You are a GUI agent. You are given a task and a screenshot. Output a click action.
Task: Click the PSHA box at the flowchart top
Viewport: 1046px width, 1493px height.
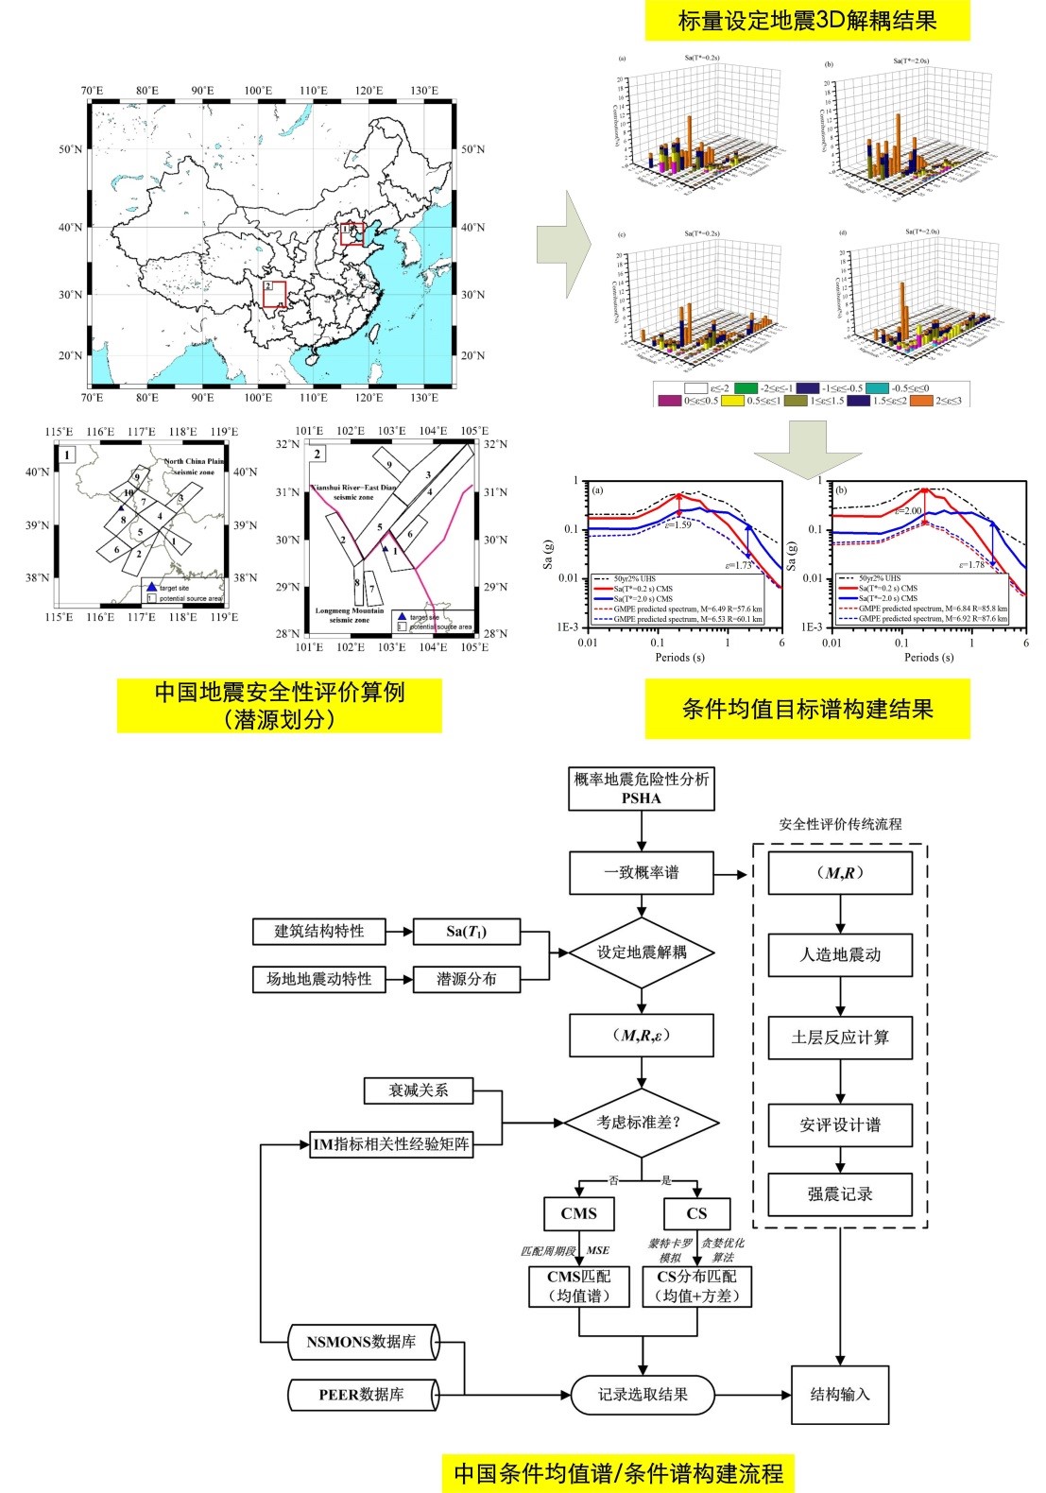click(x=641, y=788)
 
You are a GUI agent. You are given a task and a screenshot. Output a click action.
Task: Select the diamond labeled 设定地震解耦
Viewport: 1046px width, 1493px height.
click(x=641, y=952)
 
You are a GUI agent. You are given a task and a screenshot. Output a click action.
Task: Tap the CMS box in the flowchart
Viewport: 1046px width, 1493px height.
click(x=578, y=1213)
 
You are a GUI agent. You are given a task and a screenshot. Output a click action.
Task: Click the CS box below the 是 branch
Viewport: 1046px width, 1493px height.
click(x=696, y=1213)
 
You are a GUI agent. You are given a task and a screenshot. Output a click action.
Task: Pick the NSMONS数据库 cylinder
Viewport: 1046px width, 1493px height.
click(x=362, y=1342)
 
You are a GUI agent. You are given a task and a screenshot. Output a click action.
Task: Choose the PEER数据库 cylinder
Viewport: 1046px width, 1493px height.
click(x=362, y=1395)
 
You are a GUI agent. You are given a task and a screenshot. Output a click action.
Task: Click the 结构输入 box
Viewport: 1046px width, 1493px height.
click(x=840, y=1395)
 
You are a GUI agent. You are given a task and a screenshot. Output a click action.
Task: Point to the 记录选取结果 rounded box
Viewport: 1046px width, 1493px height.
click(x=643, y=1395)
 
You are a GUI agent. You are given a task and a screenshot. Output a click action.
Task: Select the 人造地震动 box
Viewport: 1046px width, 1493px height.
click(x=840, y=954)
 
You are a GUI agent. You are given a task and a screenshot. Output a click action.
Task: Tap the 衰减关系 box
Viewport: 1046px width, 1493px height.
click(x=419, y=1090)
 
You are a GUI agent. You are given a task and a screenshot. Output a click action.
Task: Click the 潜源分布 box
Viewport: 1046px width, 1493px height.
click(x=467, y=979)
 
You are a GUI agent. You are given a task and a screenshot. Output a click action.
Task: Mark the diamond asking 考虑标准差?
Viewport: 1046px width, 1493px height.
click(x=641, y=1123)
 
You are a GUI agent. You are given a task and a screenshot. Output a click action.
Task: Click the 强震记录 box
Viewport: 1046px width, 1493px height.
click(x=840, y=1194)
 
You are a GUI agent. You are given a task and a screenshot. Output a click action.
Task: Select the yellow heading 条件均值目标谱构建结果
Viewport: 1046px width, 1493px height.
click(x=807, y=710)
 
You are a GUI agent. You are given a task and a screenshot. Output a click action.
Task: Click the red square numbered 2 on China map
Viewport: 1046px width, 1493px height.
click(x=274, y=294)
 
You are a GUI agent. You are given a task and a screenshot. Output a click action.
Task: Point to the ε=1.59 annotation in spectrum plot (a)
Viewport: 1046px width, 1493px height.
click(x=677, y=524)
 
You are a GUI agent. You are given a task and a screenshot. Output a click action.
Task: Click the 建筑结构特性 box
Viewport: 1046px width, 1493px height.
click(x=319, y=931)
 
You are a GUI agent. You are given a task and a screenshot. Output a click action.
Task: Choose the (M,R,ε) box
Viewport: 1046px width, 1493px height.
click(x=641, y=1036)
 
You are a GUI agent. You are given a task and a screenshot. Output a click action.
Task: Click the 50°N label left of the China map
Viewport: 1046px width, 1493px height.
click(x=71, y=149)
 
